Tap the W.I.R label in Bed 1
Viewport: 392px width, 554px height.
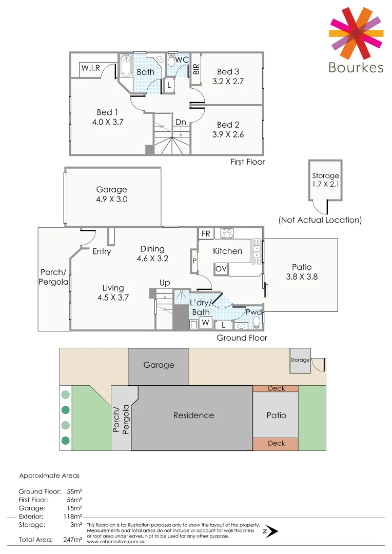click(90, 68)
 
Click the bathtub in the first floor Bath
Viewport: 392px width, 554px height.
click(126, 66)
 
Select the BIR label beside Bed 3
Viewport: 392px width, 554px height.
click(196, 69)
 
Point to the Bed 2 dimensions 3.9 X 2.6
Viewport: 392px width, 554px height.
click(228, 134)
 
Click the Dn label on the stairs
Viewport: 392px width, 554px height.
click(180, 122)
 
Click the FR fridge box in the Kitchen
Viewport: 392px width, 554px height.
click(206, 234)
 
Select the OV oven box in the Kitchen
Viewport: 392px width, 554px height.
click(221, 269)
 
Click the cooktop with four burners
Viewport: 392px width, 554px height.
click(227, 233)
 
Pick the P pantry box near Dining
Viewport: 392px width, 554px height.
click(194, 261)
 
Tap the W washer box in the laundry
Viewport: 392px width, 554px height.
click(205, 323)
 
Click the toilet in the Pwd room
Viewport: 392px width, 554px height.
click(257, 322)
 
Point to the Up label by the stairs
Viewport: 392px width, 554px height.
click(165, 283)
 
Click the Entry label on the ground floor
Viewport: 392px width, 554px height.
click(102, 251)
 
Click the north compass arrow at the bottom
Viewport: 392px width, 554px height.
click(271, 531)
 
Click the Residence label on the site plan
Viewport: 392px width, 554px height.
click(193, 415)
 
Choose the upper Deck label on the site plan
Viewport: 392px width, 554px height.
click(276, 388)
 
